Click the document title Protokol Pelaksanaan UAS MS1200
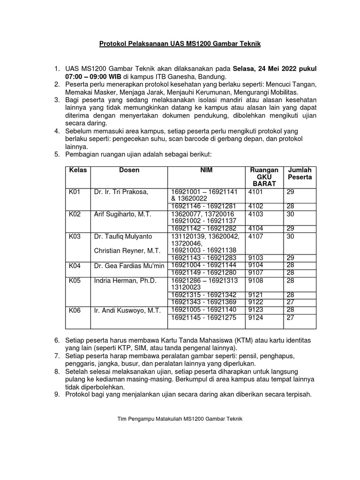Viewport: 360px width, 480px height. pyautogui.click(x=180, y=44)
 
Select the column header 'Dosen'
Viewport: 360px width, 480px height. pyautogui.click(x=129, y=170)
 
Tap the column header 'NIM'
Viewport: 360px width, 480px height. pyautogui.click(x=206, y=170)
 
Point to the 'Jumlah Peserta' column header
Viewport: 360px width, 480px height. pyautogui.click(x=300, y=174)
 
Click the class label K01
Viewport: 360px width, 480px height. pyautogui.click(x=75, y=192)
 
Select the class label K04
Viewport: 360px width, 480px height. pyautogui.click(x=75, y=265)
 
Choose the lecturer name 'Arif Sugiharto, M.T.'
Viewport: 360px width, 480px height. pyautogui.click(x=122, y=214)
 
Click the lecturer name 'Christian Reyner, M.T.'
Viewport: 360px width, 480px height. pyautogui.click(x=127, y=251)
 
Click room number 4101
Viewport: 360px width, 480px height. pyautogui.click(x=255, y=192)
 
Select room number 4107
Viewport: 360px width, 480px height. pyautogui.click(x=255, y=236)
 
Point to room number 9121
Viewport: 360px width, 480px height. pyautogui.click(x=255, y=295)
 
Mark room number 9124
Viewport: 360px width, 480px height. pyautogui.click(x=255, y=317)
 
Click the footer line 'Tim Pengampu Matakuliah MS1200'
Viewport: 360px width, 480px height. pyautogui.click(x=180, y=418)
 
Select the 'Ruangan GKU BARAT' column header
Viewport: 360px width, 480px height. pyautogui.click(x=265, y=177)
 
